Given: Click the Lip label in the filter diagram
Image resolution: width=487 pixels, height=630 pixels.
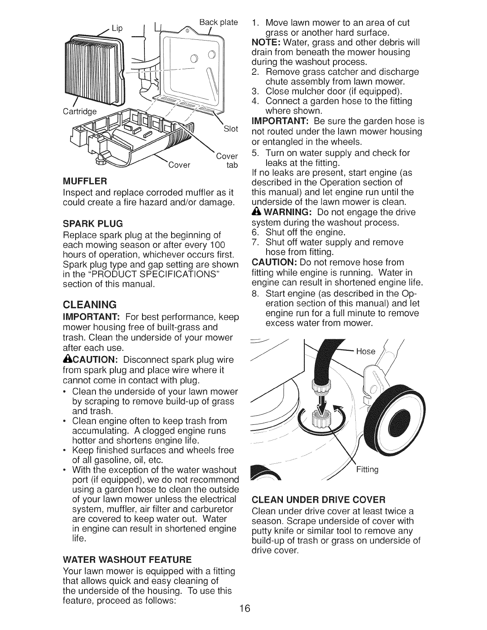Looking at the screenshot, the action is point(117,28).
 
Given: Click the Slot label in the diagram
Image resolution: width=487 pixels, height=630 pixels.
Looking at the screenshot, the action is point(231,129).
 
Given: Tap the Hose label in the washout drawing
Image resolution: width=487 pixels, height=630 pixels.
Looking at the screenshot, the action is point(366,351).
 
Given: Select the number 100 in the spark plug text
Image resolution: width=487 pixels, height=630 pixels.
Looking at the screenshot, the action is point(218,243).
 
